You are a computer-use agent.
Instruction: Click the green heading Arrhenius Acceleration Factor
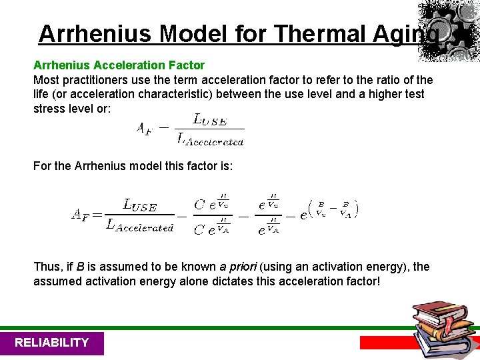[x=119, y=65]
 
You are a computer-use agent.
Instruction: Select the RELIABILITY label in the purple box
[x=51, y=343]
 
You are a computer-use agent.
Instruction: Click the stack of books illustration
[x=443, y=327]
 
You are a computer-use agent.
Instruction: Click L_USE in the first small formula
[x=209, y=119]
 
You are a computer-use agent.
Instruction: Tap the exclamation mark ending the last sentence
[x=379, y=281]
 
